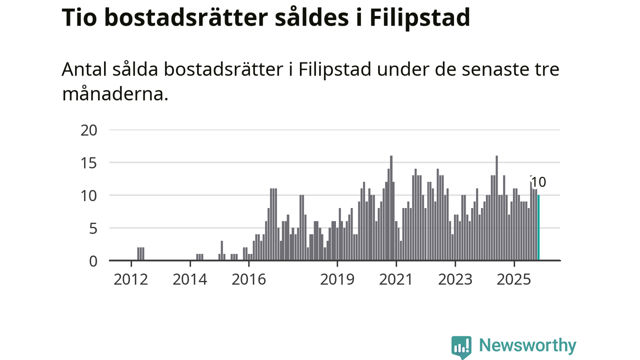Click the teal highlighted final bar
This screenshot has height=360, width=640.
point(538,228)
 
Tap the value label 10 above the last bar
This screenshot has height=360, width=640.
point(538,182)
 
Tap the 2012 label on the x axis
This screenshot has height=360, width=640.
point(131,279)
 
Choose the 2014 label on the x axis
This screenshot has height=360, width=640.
point(190,279)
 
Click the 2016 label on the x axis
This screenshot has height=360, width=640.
point(249,279)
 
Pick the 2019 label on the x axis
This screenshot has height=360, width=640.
point(337,279)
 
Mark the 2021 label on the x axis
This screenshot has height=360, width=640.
point(396,279)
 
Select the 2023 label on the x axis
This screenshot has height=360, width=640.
point(455,279)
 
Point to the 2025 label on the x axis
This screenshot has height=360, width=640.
point(514,279)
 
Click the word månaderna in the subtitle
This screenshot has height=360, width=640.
point(115,94)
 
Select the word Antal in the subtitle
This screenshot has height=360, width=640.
point(84,70)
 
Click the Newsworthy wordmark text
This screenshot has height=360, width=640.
point(527,345)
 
